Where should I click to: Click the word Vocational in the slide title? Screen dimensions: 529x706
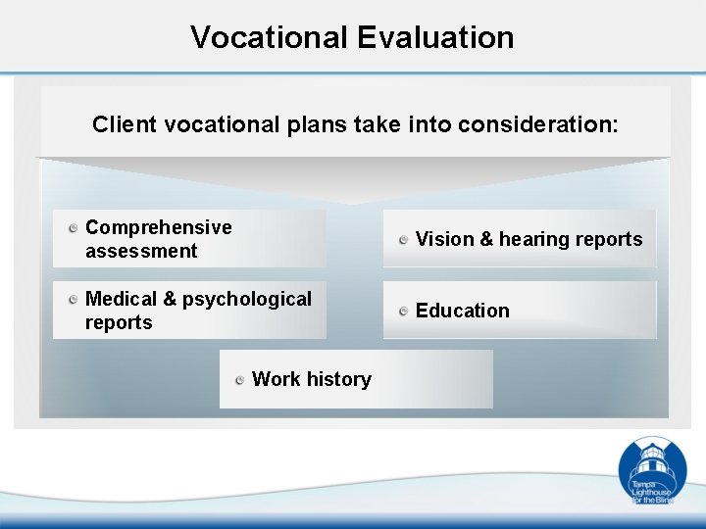(x=270, y=37)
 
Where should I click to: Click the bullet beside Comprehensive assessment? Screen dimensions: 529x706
(x=74, y=228)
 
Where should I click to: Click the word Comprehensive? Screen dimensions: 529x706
(x=159, y=227)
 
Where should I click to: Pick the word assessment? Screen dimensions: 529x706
(x=141, y=251)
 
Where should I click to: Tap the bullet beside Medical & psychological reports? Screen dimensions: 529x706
(x=74, y=300)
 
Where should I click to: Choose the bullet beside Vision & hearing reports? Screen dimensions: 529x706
(x=404, y=240)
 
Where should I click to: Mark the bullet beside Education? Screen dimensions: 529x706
(x=404, y=312)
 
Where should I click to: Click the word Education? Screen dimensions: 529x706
(x=463, y=311)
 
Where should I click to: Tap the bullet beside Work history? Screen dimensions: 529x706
(x=240, y=380)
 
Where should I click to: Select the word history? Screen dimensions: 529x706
(x=339, y=379)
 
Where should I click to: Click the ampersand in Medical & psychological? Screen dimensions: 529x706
(x=171, y=299)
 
